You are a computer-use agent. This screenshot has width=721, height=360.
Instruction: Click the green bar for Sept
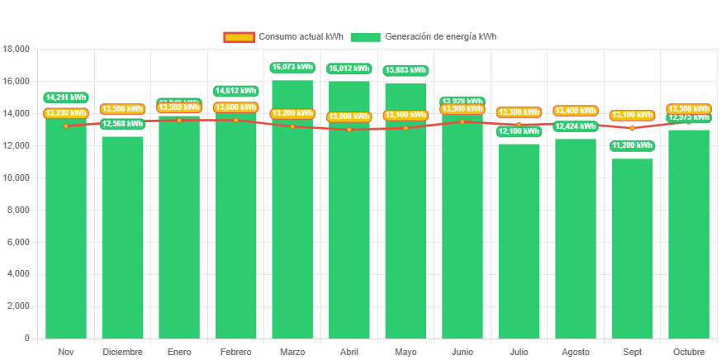point(632,248)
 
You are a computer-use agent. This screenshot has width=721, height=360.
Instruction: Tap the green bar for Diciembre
point(122,239)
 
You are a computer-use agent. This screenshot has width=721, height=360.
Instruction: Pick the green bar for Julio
point(519,239)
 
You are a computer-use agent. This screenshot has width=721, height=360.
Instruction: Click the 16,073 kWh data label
point(292,67)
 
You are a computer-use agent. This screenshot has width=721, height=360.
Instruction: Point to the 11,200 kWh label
point(632,145)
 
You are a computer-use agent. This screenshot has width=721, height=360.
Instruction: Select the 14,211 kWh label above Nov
point(66,97)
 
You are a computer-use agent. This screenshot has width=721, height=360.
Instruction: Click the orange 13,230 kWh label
point(66,113)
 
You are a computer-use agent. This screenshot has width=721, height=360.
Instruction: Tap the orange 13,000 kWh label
point(349,116)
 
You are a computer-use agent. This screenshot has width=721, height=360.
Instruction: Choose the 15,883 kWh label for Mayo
point(406,70)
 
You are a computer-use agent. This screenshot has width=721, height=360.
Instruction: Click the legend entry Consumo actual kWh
point(283,36)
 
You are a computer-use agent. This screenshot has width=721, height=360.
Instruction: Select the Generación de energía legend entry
point(423,36)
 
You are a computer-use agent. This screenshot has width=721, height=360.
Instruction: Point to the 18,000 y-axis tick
point(17,49)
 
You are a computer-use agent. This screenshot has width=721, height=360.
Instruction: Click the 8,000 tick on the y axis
point(18,210)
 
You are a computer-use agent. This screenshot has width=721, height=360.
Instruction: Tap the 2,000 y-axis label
point(18,306)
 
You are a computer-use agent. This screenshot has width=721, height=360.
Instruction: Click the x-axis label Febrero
point(235,352)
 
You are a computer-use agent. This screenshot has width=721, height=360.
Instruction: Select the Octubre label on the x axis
point(689,352)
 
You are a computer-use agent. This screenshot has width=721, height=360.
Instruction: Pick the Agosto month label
point(576,352)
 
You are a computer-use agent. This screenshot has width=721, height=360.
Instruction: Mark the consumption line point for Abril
point(349,130)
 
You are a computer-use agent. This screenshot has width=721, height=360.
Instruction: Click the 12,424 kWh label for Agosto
point(576,126)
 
